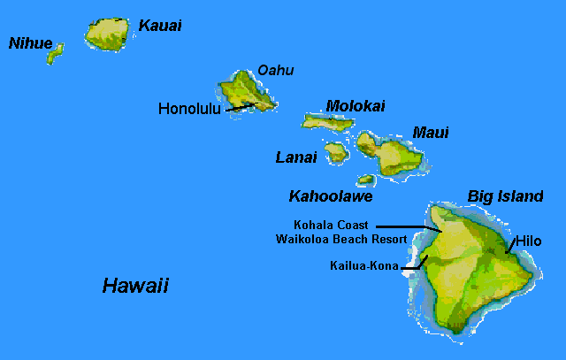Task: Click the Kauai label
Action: click(160, 26)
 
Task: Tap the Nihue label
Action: click(30, 42)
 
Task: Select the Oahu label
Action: click(275, 71)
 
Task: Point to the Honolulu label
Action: click(189, 109)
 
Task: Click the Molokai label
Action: click(356, 106)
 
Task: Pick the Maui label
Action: click(431, 133)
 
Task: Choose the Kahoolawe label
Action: click(331, 195)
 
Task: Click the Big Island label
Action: click(505, 196)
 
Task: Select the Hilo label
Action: click(528, 241)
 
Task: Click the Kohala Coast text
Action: click(331, 226)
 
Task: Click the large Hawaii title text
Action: click(135, 286)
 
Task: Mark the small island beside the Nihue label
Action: click(56, 53)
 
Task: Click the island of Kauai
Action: click(109, 34)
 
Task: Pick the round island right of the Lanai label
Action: click(336, 153)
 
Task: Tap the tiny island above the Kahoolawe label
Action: click(365, 180)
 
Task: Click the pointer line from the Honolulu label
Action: click(239, 107)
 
